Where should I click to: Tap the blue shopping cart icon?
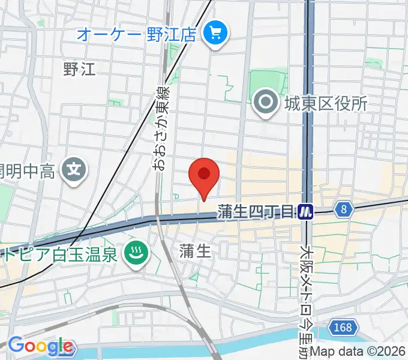tap(215, 34)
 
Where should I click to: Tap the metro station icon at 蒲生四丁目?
tap(306, 211)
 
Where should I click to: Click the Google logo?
tap(40, 346)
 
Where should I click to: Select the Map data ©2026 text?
tap(358, 352)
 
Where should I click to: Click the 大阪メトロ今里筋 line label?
tap(308, 294)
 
